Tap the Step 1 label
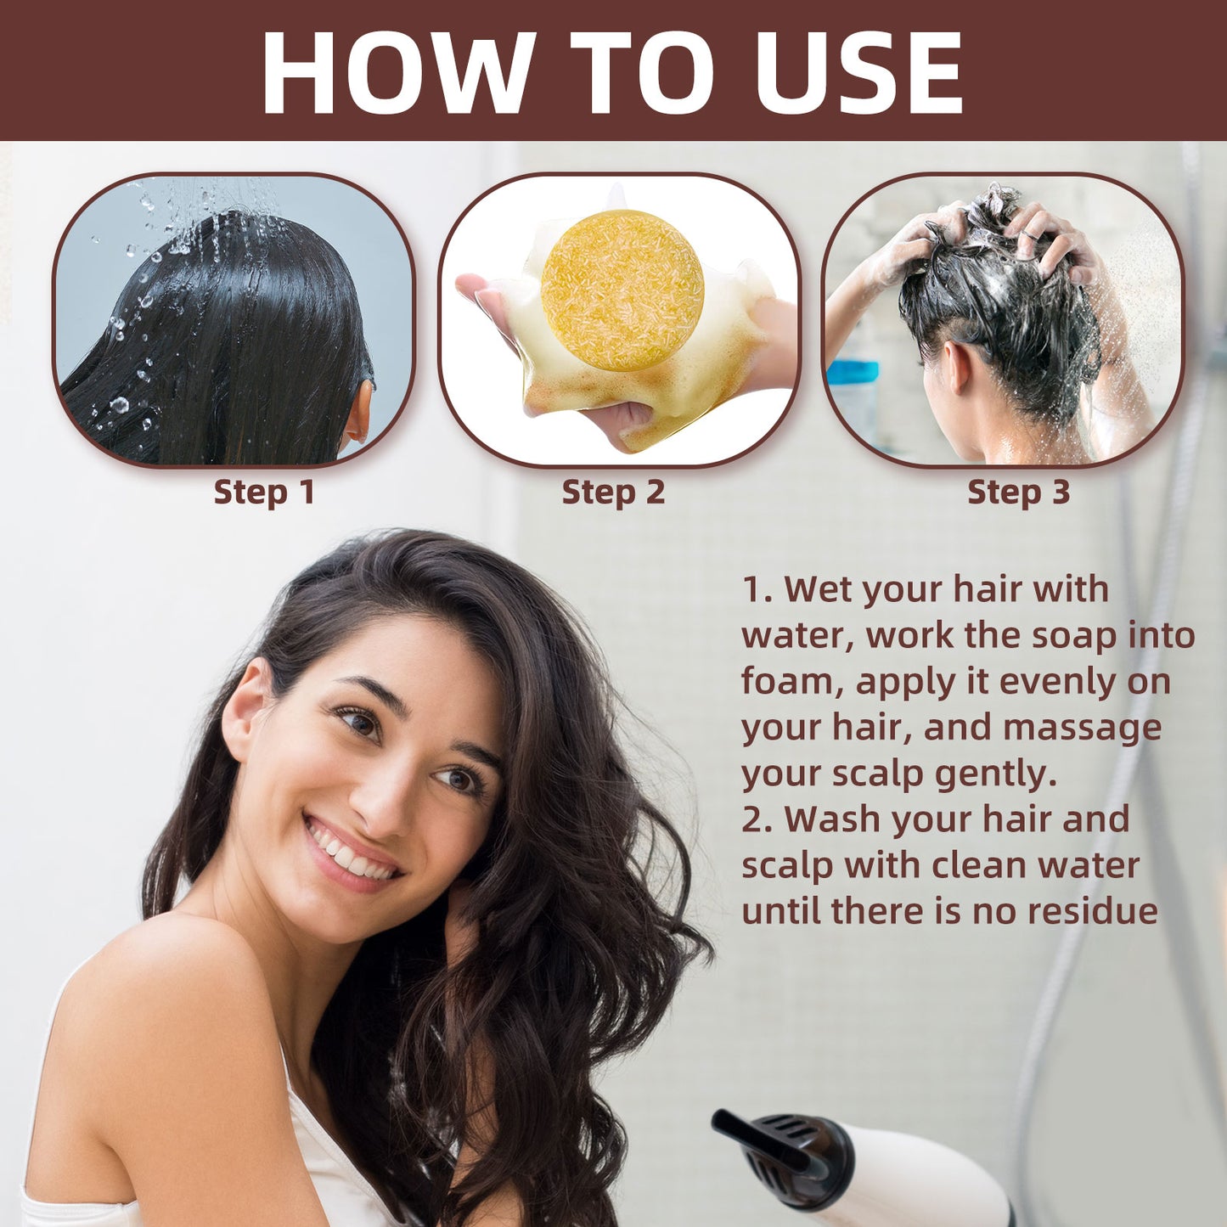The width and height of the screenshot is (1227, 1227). pos(264,492)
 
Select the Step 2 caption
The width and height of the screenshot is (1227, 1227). pos(613,492)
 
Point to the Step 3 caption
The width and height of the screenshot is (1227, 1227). pos(1018,492)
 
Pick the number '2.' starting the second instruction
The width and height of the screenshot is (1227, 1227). pos(757,820)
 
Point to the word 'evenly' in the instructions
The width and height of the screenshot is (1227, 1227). pos(1056,682)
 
